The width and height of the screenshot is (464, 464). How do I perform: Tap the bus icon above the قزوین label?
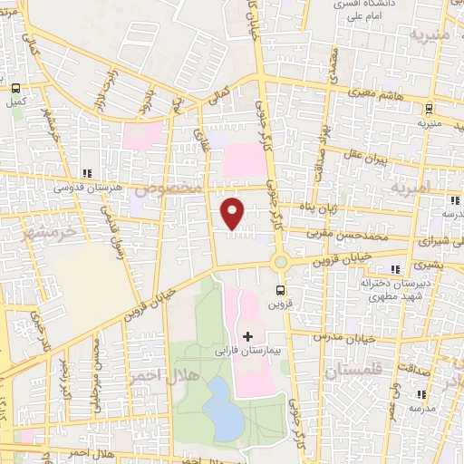[279, 291]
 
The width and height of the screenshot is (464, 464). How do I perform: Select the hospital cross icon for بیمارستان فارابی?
[248, 336]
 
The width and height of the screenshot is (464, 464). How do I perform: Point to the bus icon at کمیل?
[16, 88]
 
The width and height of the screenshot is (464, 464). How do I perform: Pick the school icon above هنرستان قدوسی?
[86, 172]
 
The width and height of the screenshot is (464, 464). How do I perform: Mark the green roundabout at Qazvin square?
[280, 264]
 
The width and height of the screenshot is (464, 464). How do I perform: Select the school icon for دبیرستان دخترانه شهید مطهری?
[394, 269]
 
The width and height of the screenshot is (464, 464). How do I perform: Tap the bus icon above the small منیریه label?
[421, 108]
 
